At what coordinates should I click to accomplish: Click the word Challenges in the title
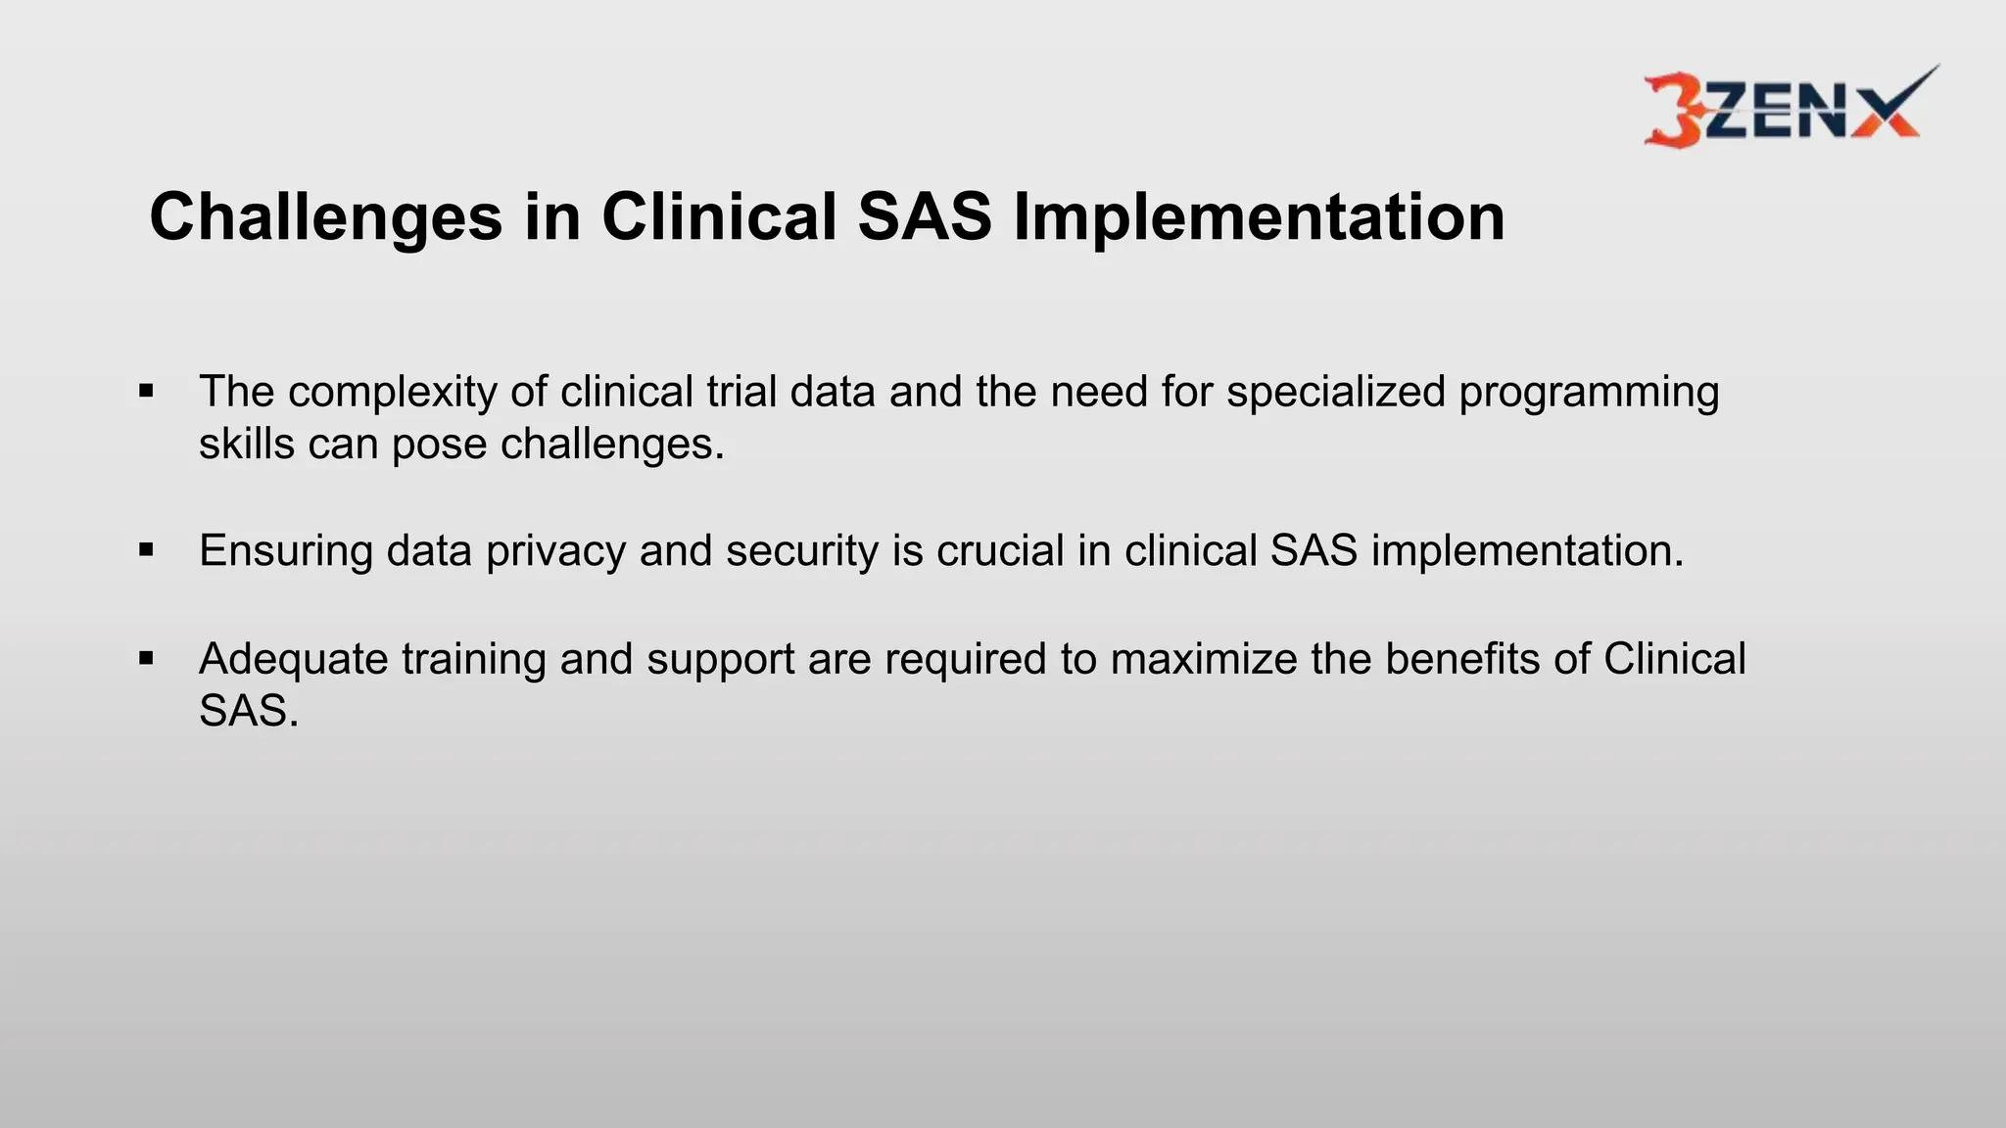[x=325, y=217]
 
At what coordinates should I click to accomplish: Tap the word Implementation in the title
[x=1259, y=217]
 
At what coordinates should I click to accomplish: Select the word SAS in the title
[x=925, y=217]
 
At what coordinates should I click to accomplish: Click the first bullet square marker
[x=147, y=392]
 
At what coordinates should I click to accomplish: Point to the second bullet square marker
[x=147, y=550]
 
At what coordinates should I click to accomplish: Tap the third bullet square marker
[x=147, y=658]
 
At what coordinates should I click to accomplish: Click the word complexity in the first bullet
[x=392, y=392]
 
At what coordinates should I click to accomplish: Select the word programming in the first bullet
[x=1589, y=392]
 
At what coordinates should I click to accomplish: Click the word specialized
[x=1336, y=392]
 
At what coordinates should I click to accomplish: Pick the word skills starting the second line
[x=246, y=444]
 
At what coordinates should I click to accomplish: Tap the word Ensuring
[x=285, y=550]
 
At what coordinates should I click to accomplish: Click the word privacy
[x=555, y=550]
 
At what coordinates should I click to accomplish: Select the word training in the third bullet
[x=474, y=659]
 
